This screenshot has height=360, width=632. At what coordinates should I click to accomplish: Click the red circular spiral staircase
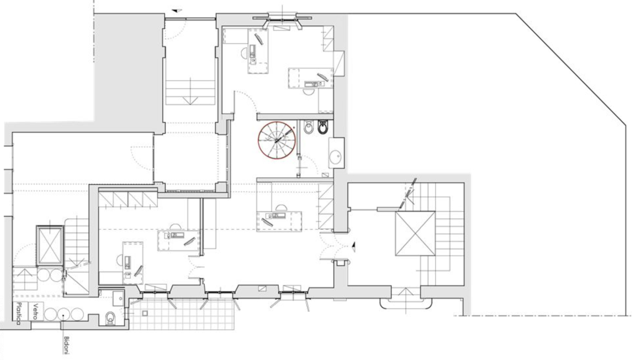pos(258,141)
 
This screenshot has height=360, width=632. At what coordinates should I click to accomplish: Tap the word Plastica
pos(19,313)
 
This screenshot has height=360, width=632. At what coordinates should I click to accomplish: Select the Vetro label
pos(35,311)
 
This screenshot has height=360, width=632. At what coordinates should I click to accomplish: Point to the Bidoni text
pos(67,345)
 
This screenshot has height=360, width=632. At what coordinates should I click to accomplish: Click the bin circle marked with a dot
pos(63,314)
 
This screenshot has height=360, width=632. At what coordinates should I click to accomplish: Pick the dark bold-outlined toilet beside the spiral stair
pos(322,127)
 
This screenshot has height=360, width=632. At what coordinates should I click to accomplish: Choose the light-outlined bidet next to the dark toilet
pos(309,127)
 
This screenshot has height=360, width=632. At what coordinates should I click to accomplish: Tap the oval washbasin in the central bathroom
pos(335,157)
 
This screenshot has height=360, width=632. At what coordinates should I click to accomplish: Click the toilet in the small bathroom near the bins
pos(110,318)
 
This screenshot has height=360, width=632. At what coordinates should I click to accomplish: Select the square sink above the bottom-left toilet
pos(118,298)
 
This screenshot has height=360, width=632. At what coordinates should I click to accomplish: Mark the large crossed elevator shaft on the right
pos(415,234)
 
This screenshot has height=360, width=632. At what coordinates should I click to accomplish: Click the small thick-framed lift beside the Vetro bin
pos(50,246)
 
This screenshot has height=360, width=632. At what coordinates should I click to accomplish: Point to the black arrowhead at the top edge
pos(177,11)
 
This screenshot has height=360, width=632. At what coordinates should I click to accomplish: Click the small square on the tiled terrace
pos(145,313)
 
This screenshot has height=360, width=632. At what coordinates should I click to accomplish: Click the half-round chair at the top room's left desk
pos(244,53)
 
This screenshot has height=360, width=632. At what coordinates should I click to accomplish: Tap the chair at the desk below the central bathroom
pos(281,208)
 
